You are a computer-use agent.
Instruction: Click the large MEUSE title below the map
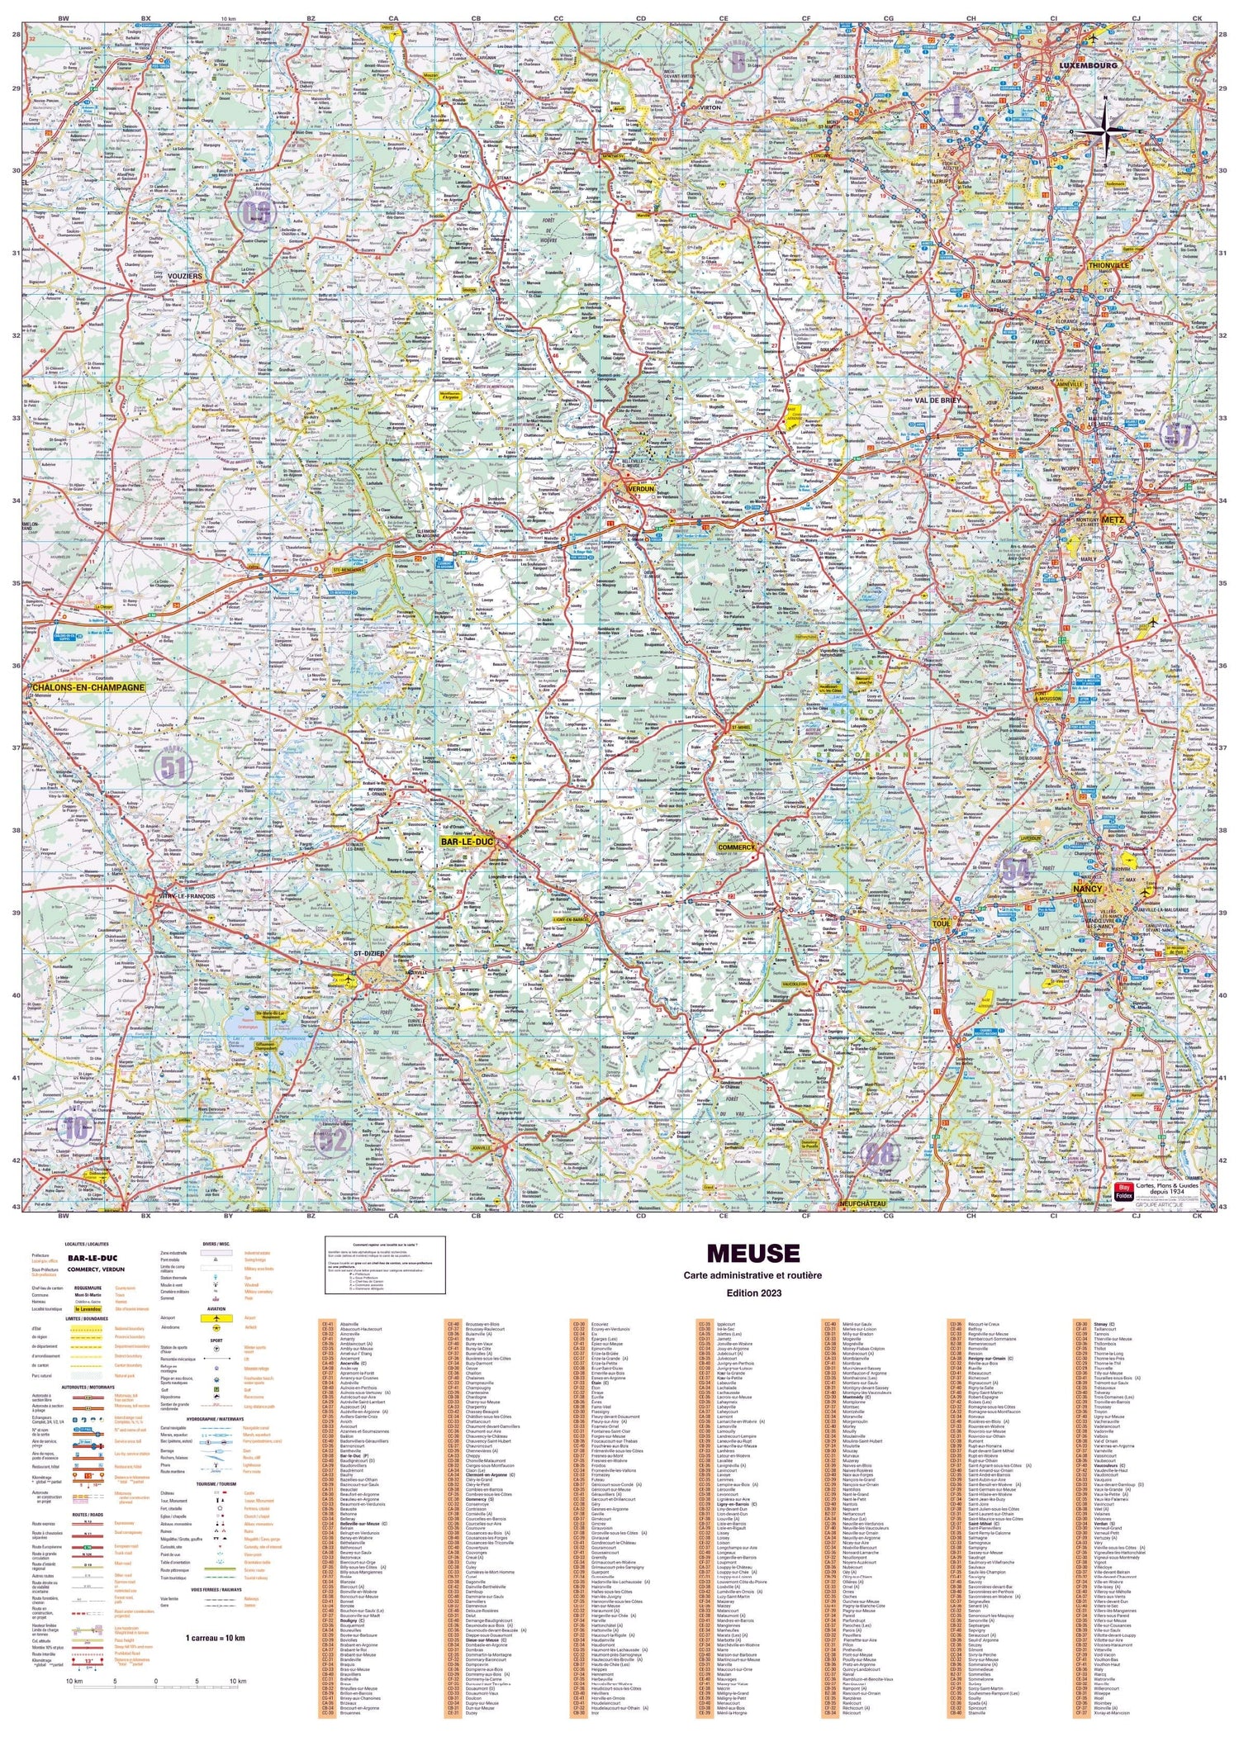tap(752, 1255)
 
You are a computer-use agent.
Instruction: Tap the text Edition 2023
tap(752, 1294)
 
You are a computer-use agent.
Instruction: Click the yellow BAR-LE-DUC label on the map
tap(467, 842)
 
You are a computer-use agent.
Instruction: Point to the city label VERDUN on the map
tap(641, 489)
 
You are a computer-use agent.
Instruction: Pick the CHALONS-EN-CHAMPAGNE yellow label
tap(88, 687)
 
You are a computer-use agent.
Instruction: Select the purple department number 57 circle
tap(1177, 434)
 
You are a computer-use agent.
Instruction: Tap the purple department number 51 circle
tap(173, 768)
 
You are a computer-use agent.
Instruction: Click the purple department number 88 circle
tap(879, 1154)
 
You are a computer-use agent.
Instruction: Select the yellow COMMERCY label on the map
tap(737, 847)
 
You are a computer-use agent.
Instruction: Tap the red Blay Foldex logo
tap(1123, 1192)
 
